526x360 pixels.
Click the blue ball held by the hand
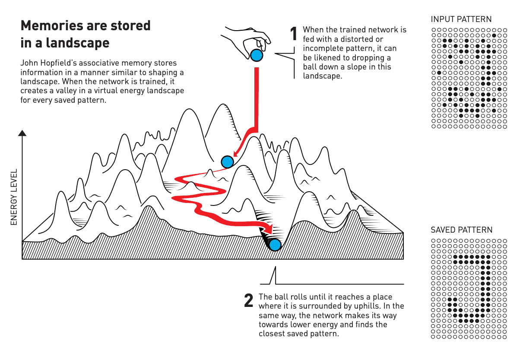tap(257, 55)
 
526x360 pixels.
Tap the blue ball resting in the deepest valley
tap(275, 245)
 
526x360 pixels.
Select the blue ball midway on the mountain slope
tap(227, 162)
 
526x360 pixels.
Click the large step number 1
tap(294, 34)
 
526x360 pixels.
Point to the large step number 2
tap(249, 300)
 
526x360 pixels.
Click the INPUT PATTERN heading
tap(461, 19)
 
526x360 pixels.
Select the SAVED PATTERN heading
tap(461, 230)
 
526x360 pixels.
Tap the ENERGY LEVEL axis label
tap(14, 197)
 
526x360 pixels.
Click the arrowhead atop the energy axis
tap(22, 133)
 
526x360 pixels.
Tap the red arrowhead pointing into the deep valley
tap(268, 229)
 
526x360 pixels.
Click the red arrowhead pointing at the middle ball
tap(237, 153)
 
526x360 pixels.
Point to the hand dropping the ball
tap(245, 42)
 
